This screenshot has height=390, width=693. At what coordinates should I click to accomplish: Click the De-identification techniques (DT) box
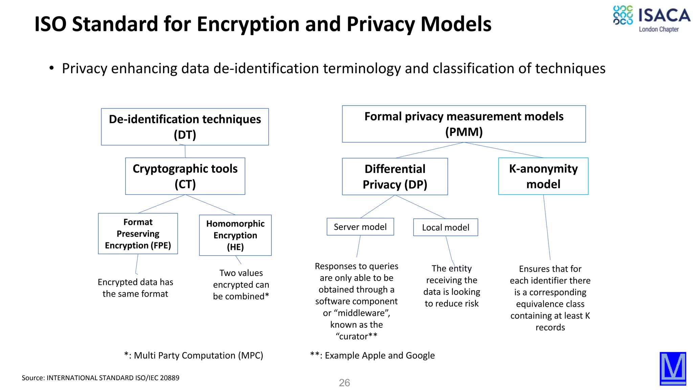click(x=185, y=127)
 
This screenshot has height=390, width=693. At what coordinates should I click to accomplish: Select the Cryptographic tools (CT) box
click(x=185, y=176)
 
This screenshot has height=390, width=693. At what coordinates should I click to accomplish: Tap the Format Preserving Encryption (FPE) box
click(x=138, y=234)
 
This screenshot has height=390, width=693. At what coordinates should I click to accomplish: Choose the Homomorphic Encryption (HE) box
click(x=235, y=235)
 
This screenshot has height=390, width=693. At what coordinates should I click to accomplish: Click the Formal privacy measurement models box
click(x=464, y=124)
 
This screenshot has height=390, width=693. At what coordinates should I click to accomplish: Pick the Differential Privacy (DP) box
click(x=395, y=176)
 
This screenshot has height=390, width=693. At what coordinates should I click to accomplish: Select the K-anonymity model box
click(x=543, y=176)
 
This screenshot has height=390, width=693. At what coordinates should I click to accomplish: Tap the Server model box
click(x=360, y=227)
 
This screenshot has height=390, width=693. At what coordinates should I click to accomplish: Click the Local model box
click(x=445, y=227)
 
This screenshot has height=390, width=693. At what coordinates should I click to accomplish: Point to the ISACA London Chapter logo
click(x=651, y=19)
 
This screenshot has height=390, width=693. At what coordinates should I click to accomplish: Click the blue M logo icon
click(x=673, y=368)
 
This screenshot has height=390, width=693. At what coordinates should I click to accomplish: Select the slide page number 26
click(x=344, y=383)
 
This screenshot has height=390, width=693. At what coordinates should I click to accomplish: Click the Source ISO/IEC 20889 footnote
click(x=100, y=378)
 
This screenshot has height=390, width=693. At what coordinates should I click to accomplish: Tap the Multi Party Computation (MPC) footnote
click(x=194, y=355)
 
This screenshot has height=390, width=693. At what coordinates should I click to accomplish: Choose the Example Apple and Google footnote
click(x=372, y=355)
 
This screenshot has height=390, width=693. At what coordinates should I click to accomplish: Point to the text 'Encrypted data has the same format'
click(x=135, y=288)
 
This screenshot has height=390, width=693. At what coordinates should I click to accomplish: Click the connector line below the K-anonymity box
click(x=547, y=227)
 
